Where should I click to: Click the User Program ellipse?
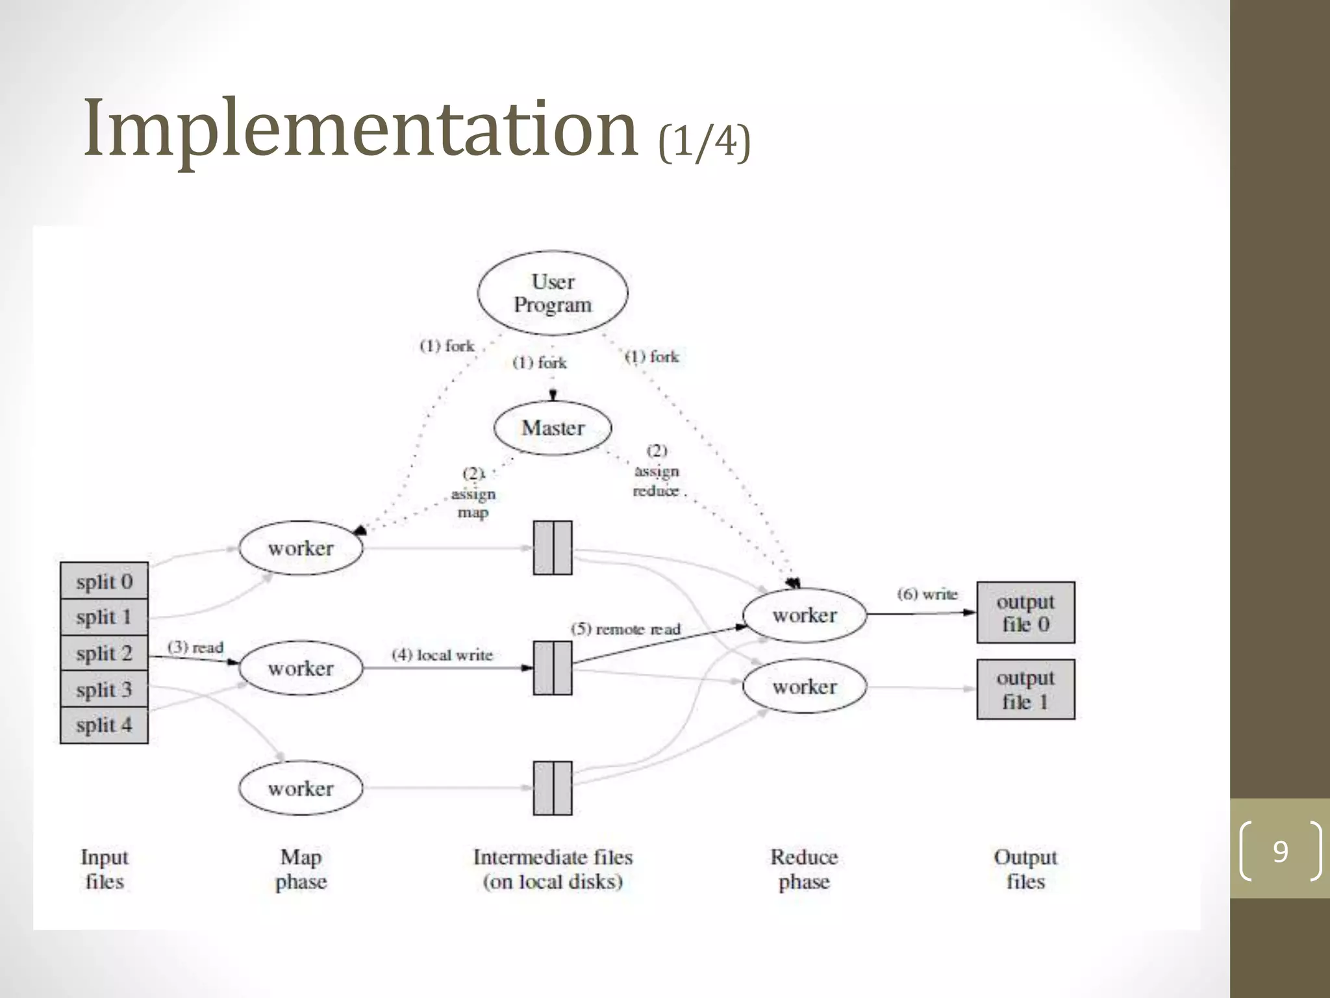coord(553,293)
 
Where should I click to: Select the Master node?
coord(553,428)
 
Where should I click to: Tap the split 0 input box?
coord(104,581)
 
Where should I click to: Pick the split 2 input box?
coord(104,653)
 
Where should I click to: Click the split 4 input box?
coord(104,725)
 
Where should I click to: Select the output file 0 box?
coord(1025,613)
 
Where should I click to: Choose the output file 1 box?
coord(1025,689)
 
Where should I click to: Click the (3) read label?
coord(195,647)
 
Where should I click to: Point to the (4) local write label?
coord(442,655)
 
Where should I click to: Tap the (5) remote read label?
coord(625,629)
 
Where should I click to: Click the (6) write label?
coord(927,594)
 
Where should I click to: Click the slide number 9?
coord(1280,851)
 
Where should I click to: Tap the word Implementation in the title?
coord(360,128)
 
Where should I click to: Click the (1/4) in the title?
coord(705,141)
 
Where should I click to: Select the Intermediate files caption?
coord(553,869)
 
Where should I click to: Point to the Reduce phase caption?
coord(804,869)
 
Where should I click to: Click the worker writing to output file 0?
coord(805,615)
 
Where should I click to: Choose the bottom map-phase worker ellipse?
coord(301,788)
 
